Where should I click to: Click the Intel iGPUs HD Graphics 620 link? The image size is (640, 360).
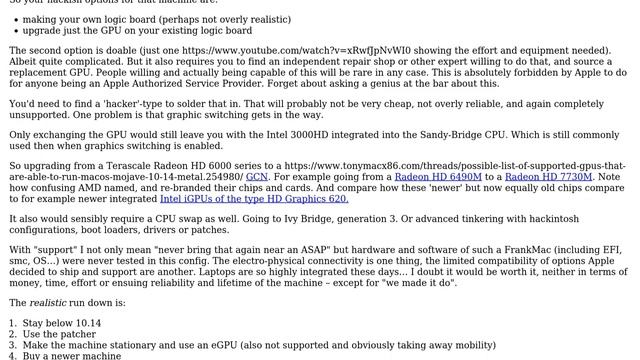(x=254, y=198)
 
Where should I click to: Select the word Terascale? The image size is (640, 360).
(x=145, y=165)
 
